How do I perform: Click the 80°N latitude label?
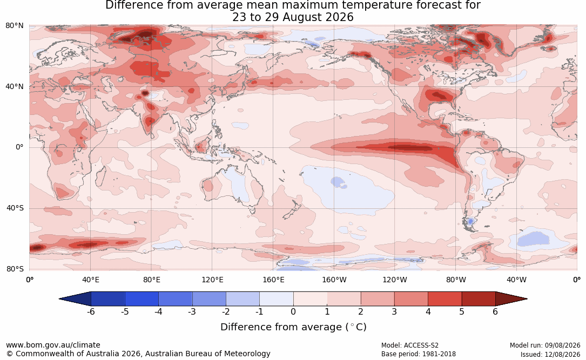click(14, 26)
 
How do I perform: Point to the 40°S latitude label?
click(15, 208)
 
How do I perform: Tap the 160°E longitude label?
click(273, 280)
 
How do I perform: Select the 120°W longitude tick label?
click(395, 280)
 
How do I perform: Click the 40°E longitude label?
click(90, 280)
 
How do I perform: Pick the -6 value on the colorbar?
click(91, 311)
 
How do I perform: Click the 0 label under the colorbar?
click(293, 311)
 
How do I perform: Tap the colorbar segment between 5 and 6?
click(479, 299)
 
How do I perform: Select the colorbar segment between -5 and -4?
click(142, 299)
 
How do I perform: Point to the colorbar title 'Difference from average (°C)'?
click(293, 327)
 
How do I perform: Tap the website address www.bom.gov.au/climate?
click(53, 345)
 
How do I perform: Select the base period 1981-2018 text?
click(439, 354)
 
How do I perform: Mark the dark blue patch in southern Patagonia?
click(470, 221)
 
